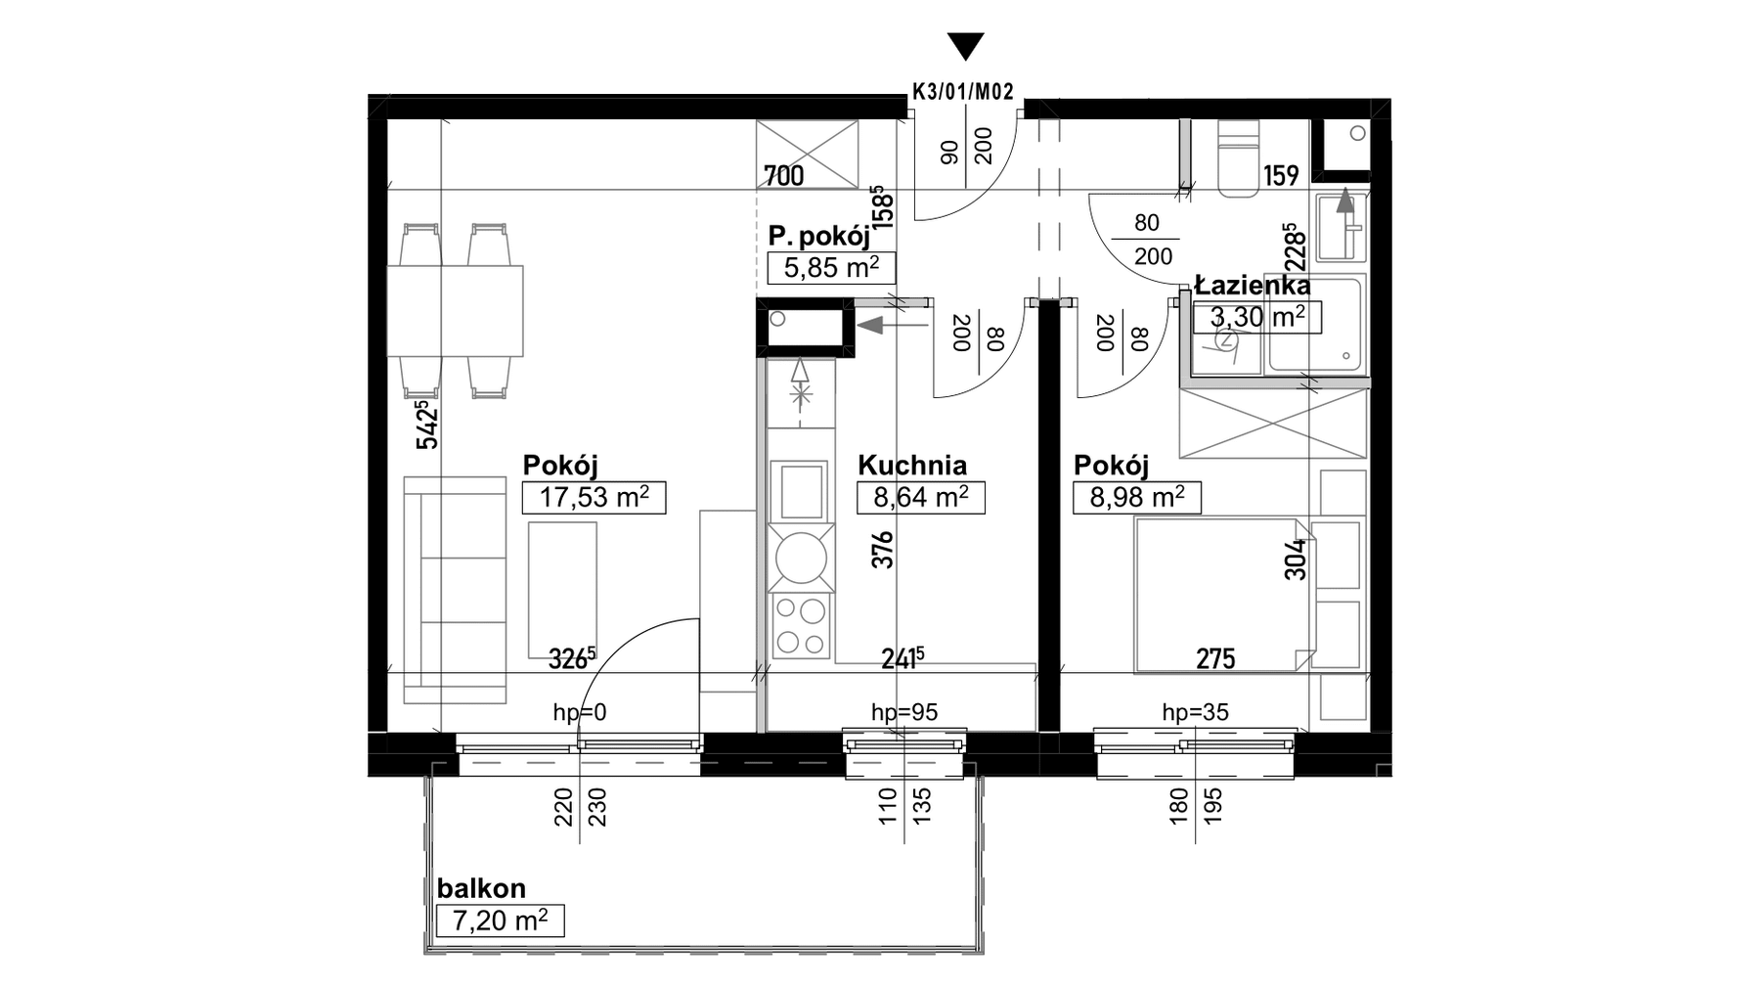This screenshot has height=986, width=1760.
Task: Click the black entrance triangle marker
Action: coord(966,46)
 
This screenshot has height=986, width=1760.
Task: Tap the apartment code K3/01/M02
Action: coord(963,92)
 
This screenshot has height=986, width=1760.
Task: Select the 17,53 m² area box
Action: coord(594,498)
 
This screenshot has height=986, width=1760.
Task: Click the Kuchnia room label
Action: coord(912,466)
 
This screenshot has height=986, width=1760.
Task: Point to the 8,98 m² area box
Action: coord(1137,498)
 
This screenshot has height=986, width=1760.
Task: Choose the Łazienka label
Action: coord(1253,286)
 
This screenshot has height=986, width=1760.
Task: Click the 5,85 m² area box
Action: coord(831,267)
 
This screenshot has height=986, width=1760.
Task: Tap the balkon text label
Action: coord(481,888)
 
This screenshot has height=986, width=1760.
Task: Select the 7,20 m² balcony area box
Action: coord(500,920)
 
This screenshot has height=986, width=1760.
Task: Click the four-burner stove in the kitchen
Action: coord(801,626)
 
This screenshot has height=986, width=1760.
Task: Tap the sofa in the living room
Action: coord(456,590)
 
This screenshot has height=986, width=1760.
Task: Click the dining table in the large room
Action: coord(456,311)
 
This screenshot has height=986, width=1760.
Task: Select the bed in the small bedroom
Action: coord(1222,596)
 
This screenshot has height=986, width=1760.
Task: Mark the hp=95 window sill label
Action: coord(904,713)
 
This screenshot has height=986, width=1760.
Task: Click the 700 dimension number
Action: coord(784,176)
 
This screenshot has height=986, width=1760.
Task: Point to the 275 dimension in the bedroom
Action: coord(1215,659)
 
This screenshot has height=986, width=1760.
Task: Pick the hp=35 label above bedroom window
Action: coord(1195,713)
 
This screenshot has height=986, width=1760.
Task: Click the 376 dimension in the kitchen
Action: coord(883,550)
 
